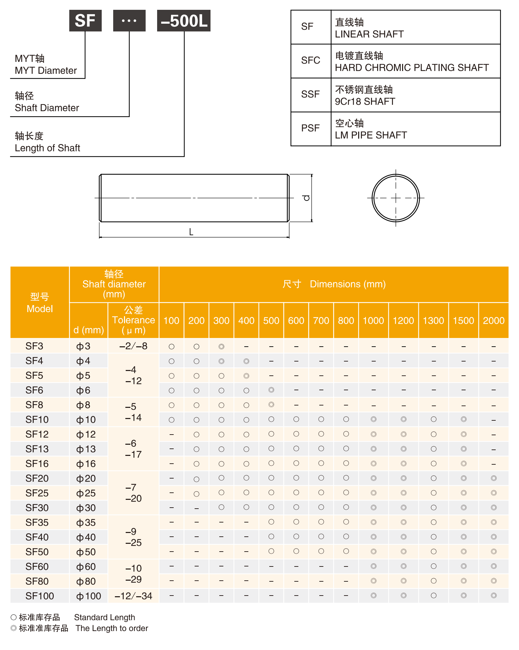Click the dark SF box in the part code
(85, 21)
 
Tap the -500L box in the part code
(183, 21)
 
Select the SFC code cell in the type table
(311, 61)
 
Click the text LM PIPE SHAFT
(371, 135)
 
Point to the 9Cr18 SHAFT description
(365, 101)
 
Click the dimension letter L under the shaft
(191, 232)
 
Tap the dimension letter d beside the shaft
(306, 198)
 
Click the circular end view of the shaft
(396, 198)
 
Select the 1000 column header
(373, 321)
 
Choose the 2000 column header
(494, 321)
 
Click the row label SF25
(37, 493)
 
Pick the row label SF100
(40, 596)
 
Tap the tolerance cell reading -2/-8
(133, 346)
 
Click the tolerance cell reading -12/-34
(133, 596)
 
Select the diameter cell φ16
(86, 464)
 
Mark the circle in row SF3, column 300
(221, 347)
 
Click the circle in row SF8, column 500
(271, 405)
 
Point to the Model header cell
(40, 303)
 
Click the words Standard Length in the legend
(104, 618)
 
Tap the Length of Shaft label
(47, 148)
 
